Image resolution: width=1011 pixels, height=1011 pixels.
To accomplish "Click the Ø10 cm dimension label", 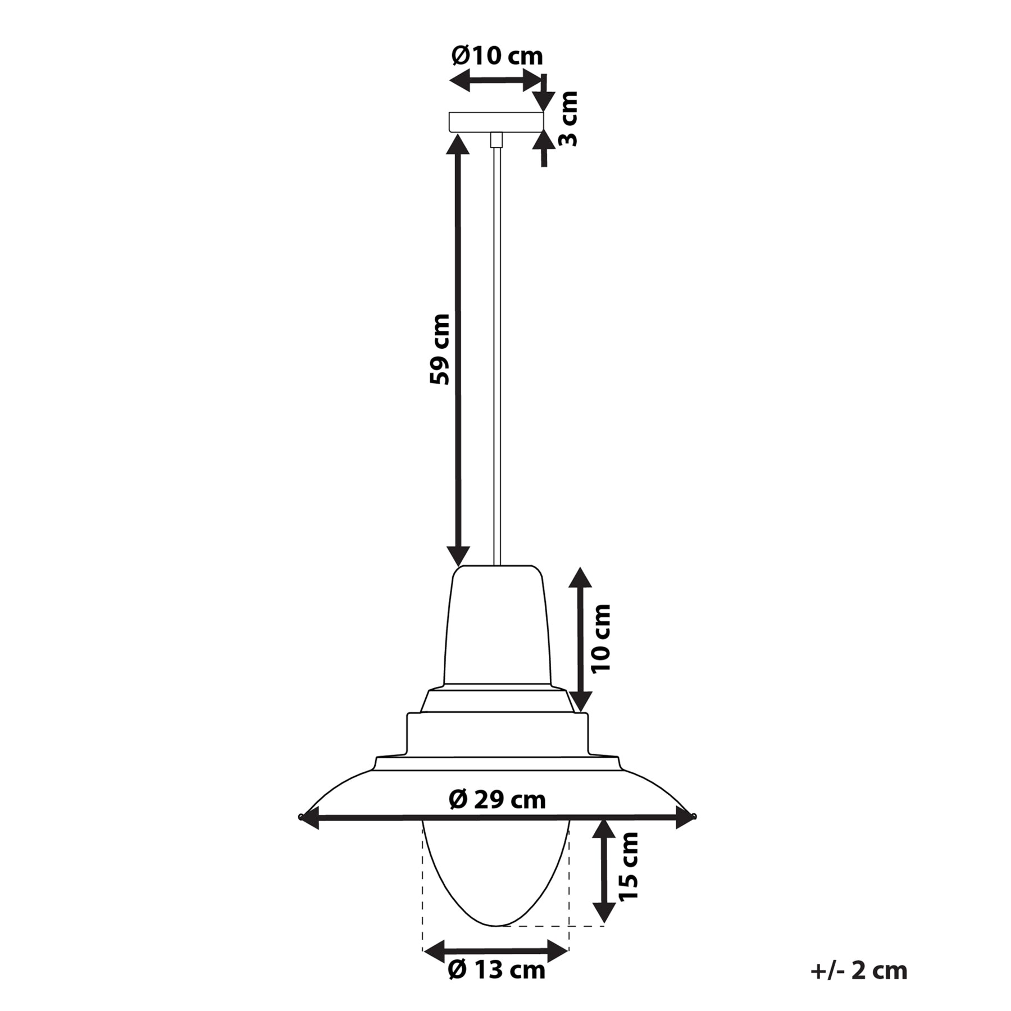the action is click(497, 56).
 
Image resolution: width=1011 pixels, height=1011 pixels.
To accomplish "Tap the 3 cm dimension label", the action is click(568, 119).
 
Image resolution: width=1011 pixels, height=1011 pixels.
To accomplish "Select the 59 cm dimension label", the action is click(440, 349).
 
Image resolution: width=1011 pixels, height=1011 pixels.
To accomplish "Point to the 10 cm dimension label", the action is click(600, 638).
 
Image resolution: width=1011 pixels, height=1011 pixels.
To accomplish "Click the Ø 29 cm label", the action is click(497, 799).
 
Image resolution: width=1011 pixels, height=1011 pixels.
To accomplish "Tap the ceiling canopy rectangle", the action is click(496, 122).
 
